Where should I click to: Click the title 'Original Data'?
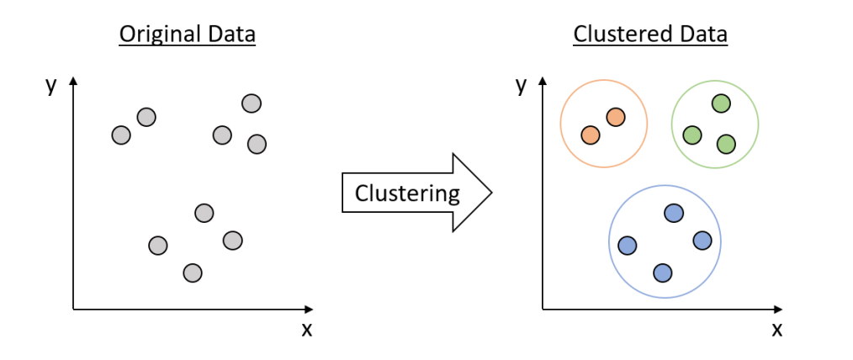tap(187, 34)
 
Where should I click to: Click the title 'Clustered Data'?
tap(650, 34)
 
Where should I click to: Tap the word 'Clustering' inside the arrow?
tap(407, 193)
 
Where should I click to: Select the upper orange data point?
tap(615, 118)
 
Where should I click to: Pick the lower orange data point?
tap(591, 135)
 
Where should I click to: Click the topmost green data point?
tap(720, 103)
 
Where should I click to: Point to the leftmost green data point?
tap(691, 135)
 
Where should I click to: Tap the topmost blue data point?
tap(673, 214)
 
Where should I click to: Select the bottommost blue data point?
tap(662, 273)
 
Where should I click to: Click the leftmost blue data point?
tap(627, 246)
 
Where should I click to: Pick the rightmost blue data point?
tap(702, 241)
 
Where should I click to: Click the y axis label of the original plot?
tap(51, 84)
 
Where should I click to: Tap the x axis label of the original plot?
tap(307, 329)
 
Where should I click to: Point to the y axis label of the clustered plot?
tap(521, 84)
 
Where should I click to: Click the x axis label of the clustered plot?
tap(776, 329)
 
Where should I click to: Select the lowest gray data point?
tap(193, 273)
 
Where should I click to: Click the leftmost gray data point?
tap(121, 135)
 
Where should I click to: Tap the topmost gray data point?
tap(251, 103)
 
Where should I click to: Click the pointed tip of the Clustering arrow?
tap(490, 193)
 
